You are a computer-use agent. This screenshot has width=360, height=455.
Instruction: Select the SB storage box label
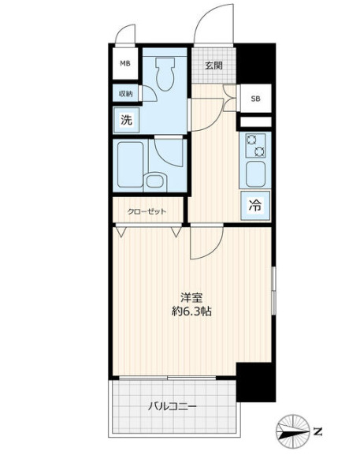click(255, 99)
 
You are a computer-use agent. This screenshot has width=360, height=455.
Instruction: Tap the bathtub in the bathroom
click(130, 165)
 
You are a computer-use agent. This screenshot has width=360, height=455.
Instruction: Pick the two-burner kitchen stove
click(256, 144)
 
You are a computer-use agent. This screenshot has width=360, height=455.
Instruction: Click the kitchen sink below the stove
click(256, 172)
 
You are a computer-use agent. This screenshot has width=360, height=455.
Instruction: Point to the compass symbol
click(295, 431)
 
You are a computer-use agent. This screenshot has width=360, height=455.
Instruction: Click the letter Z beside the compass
click(318, 431)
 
